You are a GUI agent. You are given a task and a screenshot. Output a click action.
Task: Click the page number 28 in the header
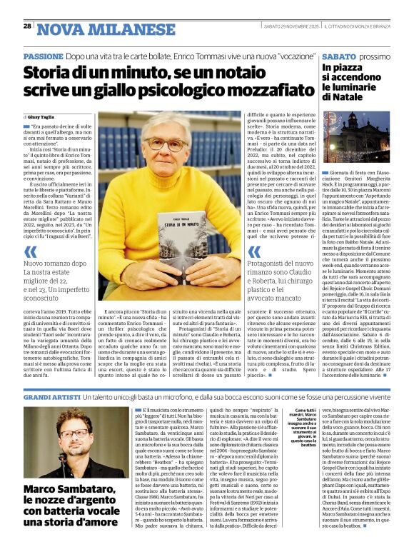(x=27, y=26)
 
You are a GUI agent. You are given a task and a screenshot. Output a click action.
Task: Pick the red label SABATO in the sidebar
(x=339, y=56)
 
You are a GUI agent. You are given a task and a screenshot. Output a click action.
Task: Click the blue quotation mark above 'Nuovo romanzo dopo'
(x=30, y=251)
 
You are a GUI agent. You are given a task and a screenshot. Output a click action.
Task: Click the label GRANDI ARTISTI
(x=51, y=396)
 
